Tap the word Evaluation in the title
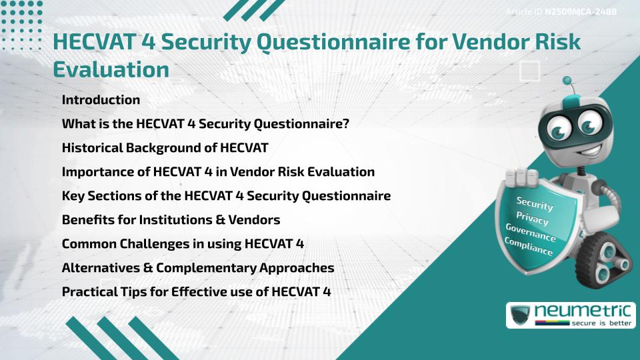point(111,69)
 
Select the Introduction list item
point(101,100)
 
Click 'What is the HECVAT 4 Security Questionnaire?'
point(205,124)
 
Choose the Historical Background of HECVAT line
point(165,147)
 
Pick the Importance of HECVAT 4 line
point(218,171)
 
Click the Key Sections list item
point(226,195)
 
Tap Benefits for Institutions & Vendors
point(171,219)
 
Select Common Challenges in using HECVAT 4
point(183,243)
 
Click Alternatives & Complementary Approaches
point(198,267)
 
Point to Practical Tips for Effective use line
point(196,291)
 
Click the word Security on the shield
point(535,203)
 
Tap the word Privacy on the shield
point(532,218)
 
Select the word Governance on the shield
point(530,233)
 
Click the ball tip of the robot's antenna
point(567,81)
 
